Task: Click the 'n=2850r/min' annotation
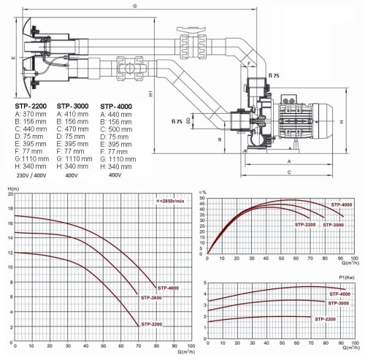[x=169, y=200]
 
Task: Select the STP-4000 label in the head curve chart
[x=165, y=287]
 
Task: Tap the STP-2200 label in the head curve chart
[x=150, y=323]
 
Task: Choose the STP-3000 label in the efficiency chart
[x=332, y=224]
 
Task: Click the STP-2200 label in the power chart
[x=325, y=319]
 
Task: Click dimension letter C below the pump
[x=289, y=172]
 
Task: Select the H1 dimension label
[x=149, y=93]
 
